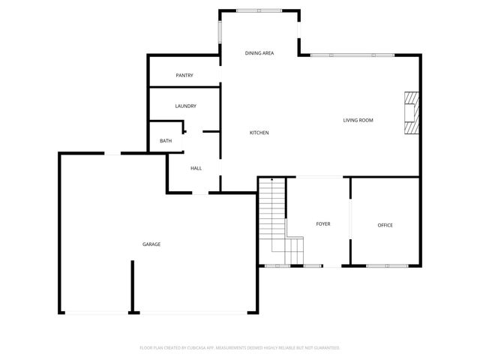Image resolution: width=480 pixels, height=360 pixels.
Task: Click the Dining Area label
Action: click(x=259, y=53)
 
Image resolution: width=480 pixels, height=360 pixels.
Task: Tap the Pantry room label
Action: click(x=184, y=76)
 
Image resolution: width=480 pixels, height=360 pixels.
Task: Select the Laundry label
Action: click(x=185, y=106)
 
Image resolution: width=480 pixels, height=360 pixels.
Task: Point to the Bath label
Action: click(x=166, y=141)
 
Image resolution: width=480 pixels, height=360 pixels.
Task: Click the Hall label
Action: click(x=196, y=168)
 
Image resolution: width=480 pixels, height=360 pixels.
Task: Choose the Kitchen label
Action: click(x=259, y=133)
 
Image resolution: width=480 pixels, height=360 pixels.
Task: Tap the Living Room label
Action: click(x=358, y=120)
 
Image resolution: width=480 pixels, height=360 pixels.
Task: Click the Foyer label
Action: click(x=322, y=224)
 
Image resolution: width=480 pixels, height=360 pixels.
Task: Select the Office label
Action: click(x=385, y=225)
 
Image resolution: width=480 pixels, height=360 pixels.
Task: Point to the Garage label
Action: click(x=151, y=244)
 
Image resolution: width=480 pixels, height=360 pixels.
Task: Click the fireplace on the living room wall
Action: click(x=411, y=112)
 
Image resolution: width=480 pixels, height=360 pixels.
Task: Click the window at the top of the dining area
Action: click(x=259, y=10)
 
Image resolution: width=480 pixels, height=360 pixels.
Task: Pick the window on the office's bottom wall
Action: click(x=388, y=266)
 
